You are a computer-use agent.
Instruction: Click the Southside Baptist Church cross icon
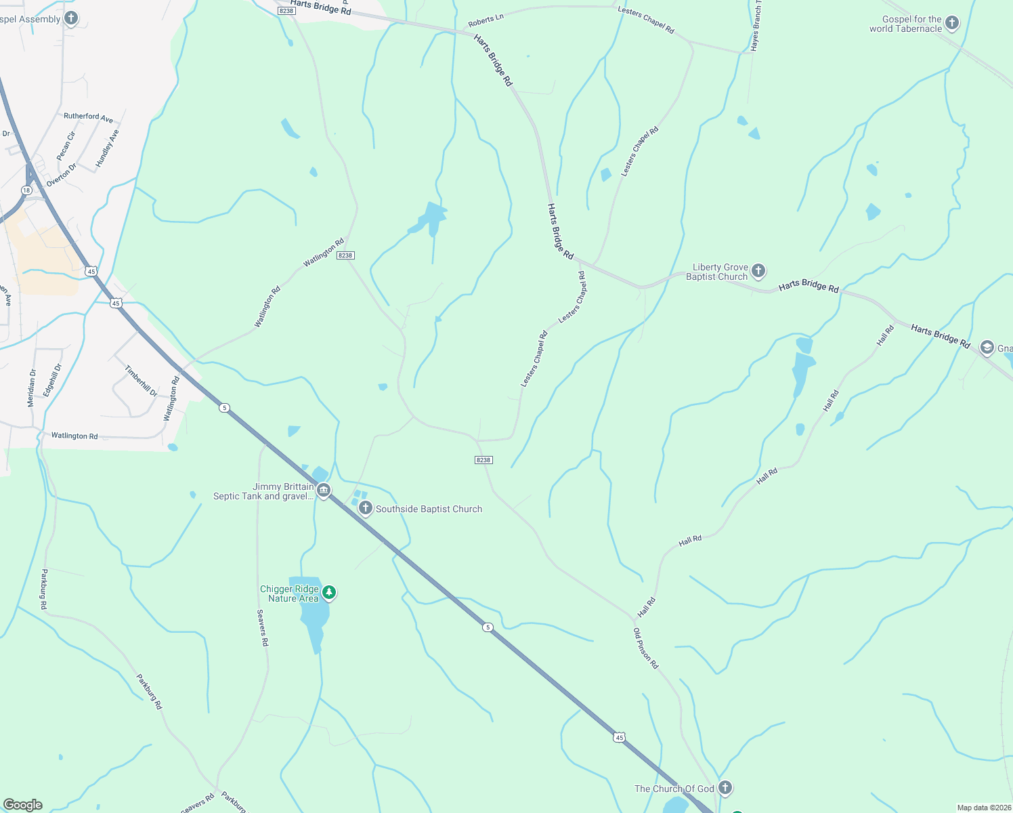366,508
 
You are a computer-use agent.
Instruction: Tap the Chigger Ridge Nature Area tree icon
329,593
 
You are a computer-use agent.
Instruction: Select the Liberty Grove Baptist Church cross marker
758,271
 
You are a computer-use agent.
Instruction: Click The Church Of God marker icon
725,788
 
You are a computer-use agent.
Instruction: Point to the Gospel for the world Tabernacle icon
952,23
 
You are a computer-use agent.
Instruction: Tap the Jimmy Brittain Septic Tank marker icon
324,491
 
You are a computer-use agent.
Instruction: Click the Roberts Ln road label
486,20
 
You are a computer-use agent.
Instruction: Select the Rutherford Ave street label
88,117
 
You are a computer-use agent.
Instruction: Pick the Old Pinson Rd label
645,648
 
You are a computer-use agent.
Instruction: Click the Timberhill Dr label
141,381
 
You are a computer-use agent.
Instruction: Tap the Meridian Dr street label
31,388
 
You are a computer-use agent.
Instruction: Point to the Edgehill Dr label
52,380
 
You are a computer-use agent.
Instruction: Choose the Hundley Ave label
107,148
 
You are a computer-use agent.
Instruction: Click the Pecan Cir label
66,146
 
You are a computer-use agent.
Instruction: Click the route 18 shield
26,190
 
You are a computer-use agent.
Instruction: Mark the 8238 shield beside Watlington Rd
345,255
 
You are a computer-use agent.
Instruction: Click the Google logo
22,805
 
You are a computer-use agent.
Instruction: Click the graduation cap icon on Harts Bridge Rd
987,348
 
